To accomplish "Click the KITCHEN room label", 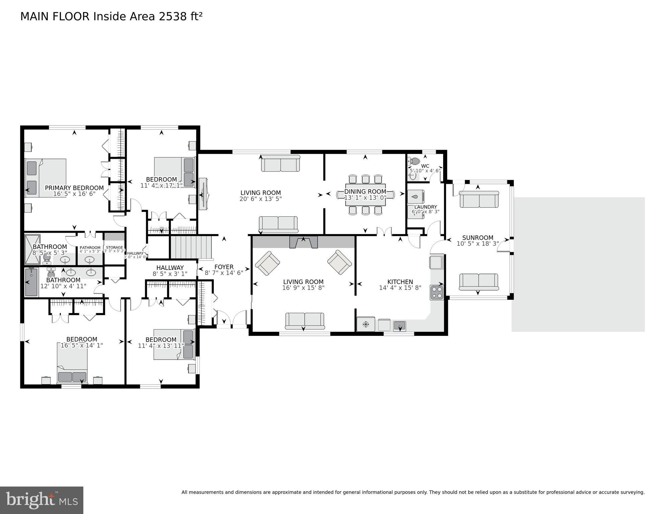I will click(400, 282).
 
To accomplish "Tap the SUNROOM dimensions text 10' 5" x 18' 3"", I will click(478, 244).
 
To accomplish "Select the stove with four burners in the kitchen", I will click(437, 292).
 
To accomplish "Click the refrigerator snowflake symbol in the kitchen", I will click(365, 324).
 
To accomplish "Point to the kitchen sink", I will click(400, 325).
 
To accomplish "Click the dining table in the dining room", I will click(365, 195).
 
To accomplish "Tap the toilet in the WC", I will click(414, 161).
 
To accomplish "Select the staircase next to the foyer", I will click(191, 247).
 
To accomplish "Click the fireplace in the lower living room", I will click(303, 242).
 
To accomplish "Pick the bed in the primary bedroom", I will click(46, 178).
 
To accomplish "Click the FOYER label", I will click(224, 267).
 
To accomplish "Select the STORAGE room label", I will click(114, 247).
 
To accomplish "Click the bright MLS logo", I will click(41, 500).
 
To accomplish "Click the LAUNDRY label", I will click(425, 207).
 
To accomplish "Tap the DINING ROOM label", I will click(365, 192).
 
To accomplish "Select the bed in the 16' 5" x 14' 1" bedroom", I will click(72, 366).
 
